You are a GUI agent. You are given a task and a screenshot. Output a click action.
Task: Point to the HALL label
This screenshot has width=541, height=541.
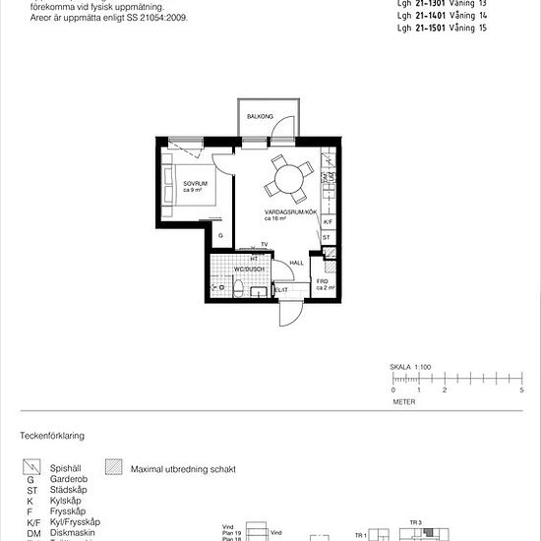[x=296, y=263]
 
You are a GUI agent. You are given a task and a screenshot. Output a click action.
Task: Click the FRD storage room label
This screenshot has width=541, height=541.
[x=323, y=283]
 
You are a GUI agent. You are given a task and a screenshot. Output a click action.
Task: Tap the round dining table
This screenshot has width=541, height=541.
[x=289, y=179]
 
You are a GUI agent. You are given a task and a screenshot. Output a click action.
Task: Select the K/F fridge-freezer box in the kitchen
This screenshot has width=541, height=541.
[x=328, y=222]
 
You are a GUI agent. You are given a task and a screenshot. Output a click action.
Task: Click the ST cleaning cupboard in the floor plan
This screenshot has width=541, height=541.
[x=326, y=238]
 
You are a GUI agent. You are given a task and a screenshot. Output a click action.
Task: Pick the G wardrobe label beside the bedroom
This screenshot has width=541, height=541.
[x=220, y=236]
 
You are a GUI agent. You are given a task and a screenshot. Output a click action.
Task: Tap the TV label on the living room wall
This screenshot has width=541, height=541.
[x=265, y=245]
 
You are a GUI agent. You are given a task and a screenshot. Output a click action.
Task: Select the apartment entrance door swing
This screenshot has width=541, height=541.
[x=290, y=313]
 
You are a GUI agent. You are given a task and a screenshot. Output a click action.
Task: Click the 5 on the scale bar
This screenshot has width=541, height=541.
[x=521, y=391]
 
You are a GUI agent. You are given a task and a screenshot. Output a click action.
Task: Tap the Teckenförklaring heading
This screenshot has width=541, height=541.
[x=52, y=434]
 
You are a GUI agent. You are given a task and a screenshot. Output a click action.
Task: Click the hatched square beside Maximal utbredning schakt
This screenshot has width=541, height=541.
[x=113, y=469]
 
